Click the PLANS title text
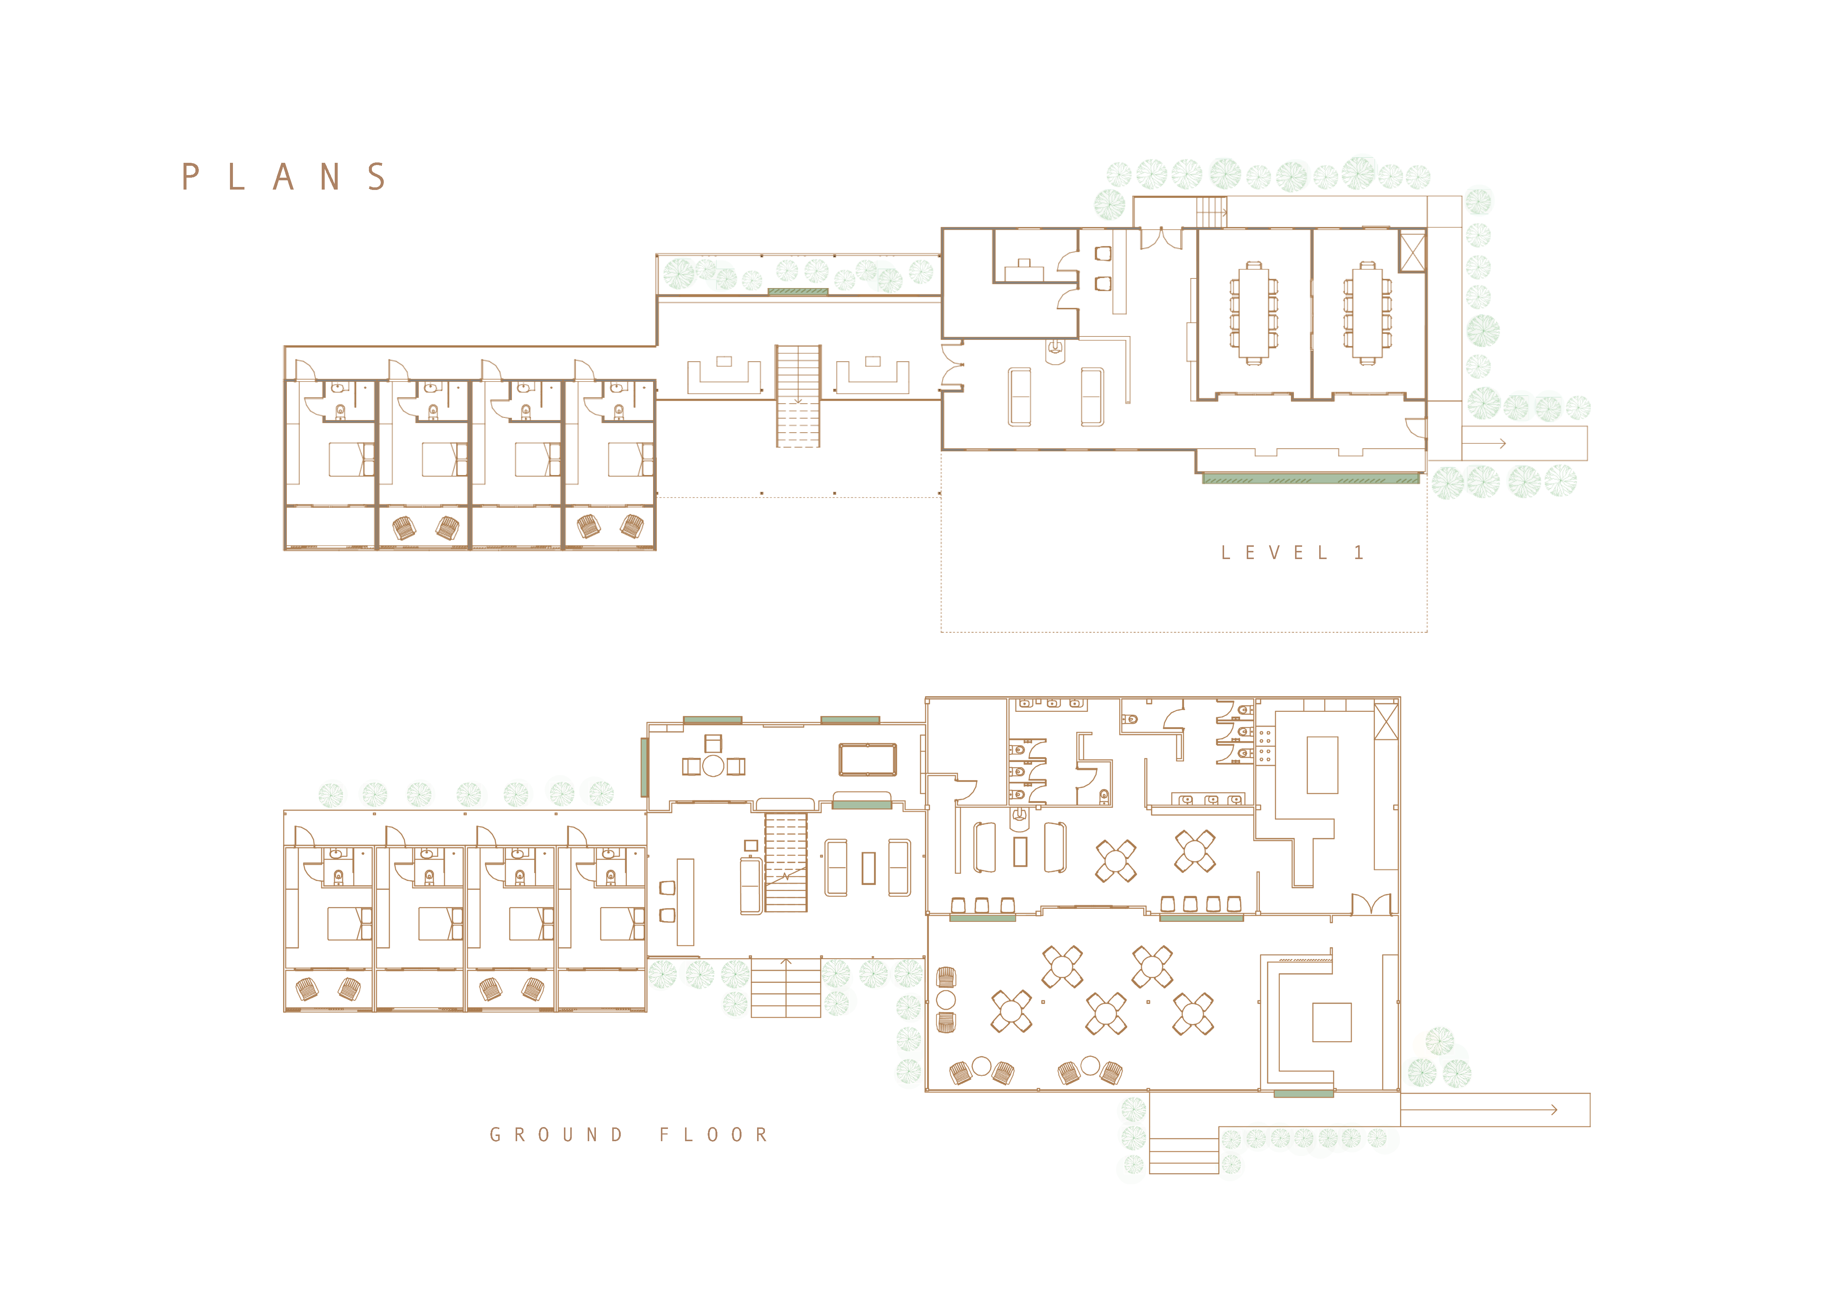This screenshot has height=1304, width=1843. [x=284, y=177]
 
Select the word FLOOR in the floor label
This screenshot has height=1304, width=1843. [x=714, y=1134]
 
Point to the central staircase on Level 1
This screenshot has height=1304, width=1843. [x=798, y=396]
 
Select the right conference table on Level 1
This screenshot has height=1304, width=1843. [x=1367, y=312]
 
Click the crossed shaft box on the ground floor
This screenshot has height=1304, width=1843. [x=1386, y=720]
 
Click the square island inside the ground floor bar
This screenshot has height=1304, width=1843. [x=1332, y=1022]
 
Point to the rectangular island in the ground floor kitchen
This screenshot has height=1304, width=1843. [x=1322, y=764]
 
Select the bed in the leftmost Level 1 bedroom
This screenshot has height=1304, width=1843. [x=351, y=460]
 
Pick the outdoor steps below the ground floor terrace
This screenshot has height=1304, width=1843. [x=1184, y=1156]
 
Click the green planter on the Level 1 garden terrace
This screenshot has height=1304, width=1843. [x=798, y=291]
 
